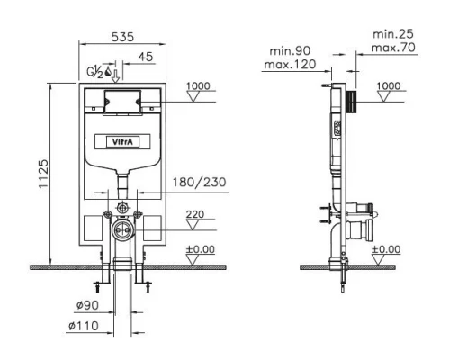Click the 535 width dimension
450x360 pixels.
122,37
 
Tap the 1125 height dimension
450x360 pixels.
43,174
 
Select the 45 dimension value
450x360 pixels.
146,57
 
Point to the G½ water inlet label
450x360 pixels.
94,71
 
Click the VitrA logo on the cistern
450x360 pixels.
122,141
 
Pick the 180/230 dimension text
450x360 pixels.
199,182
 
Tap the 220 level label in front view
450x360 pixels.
195,214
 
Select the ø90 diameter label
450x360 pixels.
87,305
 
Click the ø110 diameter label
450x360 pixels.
84,326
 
